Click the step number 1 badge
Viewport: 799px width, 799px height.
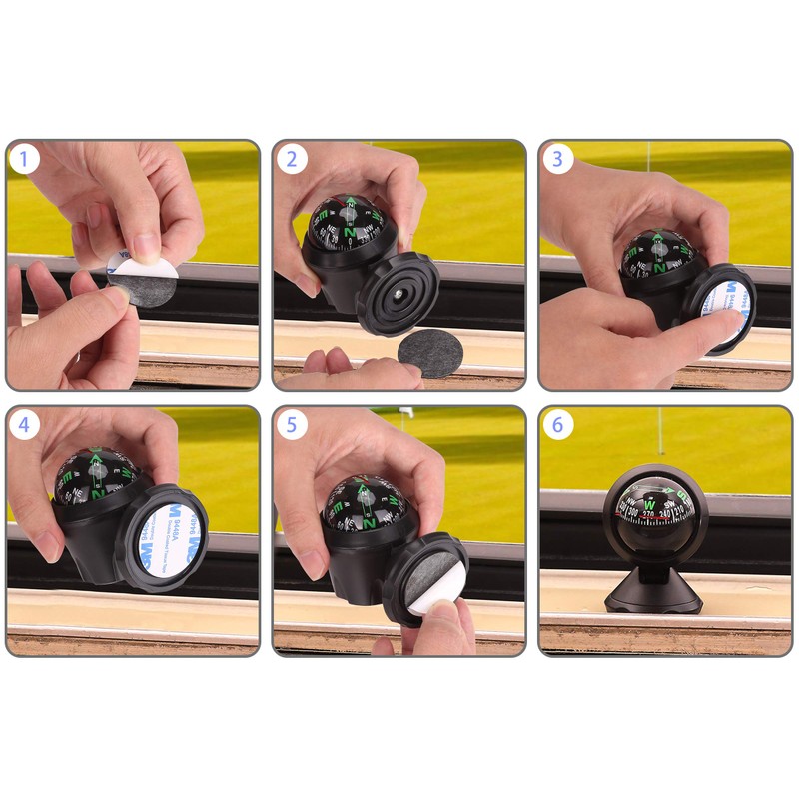(24, 159)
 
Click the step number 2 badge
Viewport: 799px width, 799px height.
(291, 159)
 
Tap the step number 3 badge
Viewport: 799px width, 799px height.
(557, 159)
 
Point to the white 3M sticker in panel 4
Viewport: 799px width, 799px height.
(162, 539)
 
